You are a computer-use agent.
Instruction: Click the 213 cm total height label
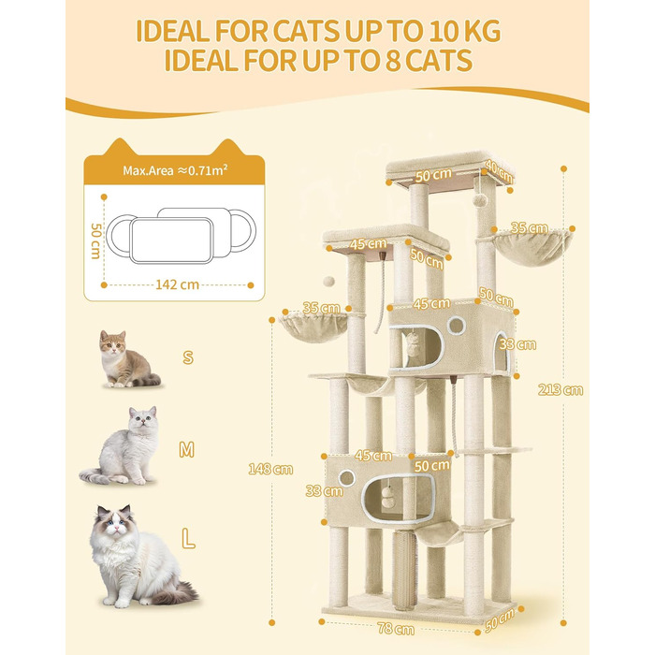[560, 390]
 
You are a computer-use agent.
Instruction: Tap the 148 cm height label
[270, 469]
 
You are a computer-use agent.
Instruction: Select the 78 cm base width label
[396, 628]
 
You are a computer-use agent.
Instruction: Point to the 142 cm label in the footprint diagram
[177, 284]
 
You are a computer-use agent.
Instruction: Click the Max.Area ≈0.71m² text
[175, 170]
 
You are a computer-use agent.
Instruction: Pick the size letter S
[188, 357]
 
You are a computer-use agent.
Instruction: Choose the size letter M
[186, 449]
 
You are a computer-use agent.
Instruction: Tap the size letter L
[188, 539]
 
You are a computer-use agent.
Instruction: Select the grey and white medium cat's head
[142, 419]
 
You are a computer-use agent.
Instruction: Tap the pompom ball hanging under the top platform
[481, 199]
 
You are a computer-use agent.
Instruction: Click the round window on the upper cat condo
[456, 326]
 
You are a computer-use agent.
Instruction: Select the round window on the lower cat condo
[347, 478]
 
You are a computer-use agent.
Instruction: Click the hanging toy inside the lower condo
[386, 497]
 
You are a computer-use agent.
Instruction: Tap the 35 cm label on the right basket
[529, 228]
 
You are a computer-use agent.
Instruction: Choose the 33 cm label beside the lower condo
[324, 491]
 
